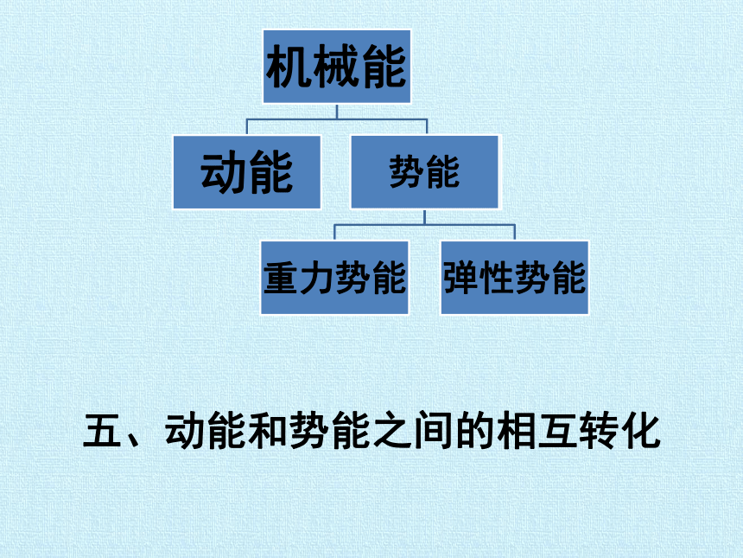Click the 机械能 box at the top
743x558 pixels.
(337, 67)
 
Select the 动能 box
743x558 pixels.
(247, 172)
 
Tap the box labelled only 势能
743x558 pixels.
(424, 172)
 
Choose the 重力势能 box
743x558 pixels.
(334, 278)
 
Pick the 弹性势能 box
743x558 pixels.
(515, 278)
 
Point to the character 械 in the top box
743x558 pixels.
(336, 67)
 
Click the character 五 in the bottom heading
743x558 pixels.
(102, 430)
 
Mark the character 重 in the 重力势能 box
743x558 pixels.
(282, 278)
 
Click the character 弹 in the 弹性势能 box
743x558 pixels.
(461, 278)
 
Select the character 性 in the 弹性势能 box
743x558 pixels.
(497, 278)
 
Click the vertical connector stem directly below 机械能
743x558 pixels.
(337, 112)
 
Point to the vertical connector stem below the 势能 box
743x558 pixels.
(424, 217)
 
